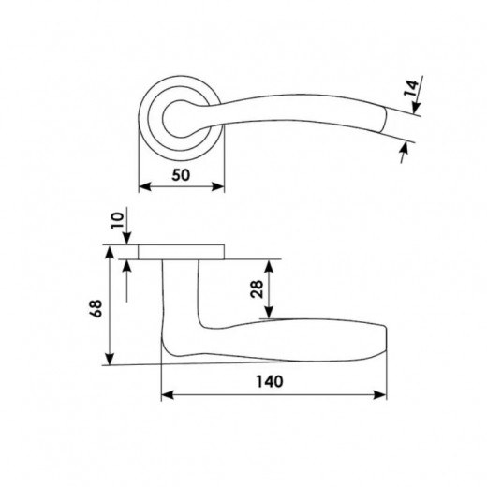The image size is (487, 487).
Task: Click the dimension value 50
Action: pos(181,175)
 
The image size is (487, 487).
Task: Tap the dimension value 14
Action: pos(411,88)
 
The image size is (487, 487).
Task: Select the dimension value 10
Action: pos(118,220)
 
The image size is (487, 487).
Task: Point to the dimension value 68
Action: pos(96,308)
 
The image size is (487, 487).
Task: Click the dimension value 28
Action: pos(258,289)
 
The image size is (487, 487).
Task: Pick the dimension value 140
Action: pos(270,381)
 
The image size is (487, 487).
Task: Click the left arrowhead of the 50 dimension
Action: pos(145,186)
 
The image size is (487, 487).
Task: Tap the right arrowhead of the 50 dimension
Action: pos(218,186)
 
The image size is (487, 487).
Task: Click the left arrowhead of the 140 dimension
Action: pos(168,395)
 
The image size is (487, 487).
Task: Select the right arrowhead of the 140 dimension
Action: pos(380,395)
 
